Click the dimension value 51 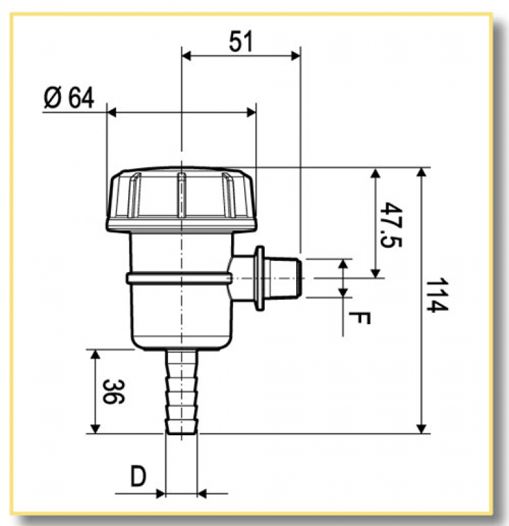pos(240,41)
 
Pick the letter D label pos(137,477)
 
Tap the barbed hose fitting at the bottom pos(181,393)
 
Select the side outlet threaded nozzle pos(286,277)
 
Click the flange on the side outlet pos(260,278)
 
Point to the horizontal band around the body pos(179,278)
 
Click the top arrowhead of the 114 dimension pos(422,172)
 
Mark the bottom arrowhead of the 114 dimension pos(422,429)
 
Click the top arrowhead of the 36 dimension pos(96,354)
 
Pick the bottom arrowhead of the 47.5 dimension pos(376,272)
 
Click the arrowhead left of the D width pos(160,492)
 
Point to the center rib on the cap pos(181,194)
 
